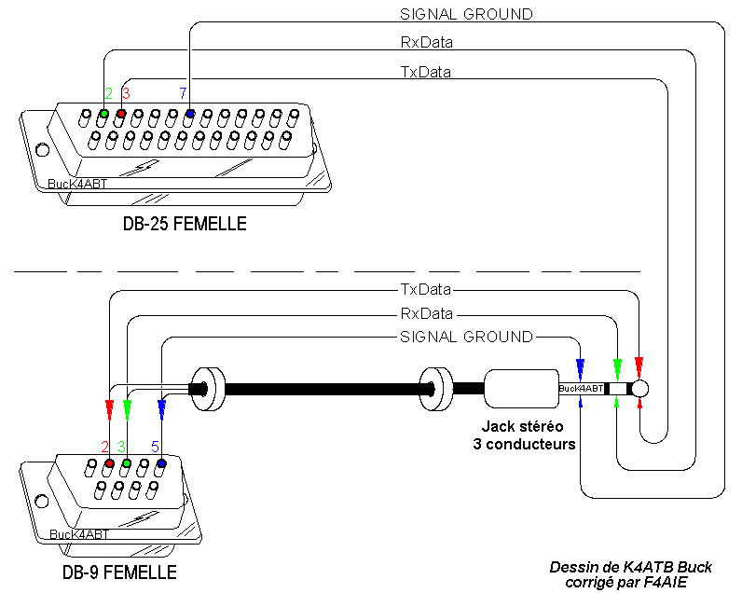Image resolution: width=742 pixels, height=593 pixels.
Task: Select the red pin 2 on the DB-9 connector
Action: click(x=110, y=462)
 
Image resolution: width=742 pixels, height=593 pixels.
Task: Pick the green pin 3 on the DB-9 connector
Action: click(x=127, y=462)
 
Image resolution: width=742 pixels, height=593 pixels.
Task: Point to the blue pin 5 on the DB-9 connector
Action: click(x=161, y=462)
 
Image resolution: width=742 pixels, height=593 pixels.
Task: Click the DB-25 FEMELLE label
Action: click(x=185, y=224)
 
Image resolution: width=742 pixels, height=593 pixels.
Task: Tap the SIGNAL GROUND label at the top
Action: click(x=466, y=14)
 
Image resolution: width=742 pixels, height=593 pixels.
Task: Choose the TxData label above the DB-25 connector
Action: click(x=426, y=71)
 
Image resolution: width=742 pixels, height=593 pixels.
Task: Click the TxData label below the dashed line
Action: click(x=426, y=289)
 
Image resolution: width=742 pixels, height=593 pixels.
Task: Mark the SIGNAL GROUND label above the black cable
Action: click(x=466, y=337)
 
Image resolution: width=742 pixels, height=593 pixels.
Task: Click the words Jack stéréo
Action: click(x=524, y=427)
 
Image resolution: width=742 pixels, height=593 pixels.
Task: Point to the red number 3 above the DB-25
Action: click(x=126, y=93)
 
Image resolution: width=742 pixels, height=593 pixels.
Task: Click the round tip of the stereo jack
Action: click(x=639, y=388)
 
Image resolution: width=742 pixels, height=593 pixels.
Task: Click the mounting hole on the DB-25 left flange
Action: click(x=41, y=150)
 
